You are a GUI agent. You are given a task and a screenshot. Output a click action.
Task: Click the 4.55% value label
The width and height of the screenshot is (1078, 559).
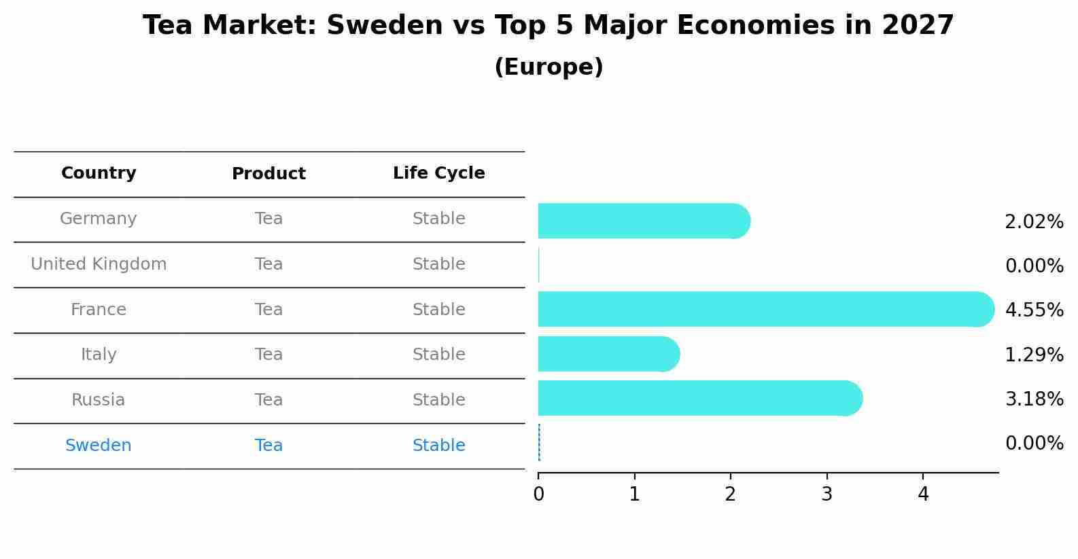1034,310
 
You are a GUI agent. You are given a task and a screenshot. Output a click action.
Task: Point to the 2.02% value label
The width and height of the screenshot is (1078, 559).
1034,222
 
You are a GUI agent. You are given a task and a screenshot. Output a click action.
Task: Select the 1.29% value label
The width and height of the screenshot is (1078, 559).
1034,355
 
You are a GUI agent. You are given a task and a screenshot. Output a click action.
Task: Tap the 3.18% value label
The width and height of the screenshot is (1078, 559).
1034,399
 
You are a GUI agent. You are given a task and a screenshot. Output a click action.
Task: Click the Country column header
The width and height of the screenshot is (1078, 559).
99,173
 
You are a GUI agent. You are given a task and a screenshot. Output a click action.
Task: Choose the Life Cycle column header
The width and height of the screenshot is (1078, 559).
438,173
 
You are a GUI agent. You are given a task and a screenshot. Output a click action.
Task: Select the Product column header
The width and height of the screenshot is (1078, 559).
268,174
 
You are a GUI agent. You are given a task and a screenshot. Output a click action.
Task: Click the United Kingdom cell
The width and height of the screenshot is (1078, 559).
99,264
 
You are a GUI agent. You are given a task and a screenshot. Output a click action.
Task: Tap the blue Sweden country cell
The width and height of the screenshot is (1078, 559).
99,446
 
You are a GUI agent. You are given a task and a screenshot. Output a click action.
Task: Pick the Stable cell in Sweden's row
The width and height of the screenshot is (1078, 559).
438,446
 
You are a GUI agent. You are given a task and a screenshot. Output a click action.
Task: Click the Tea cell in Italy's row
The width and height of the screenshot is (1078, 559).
268,355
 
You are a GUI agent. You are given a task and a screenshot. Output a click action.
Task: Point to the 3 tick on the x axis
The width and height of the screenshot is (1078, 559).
827,494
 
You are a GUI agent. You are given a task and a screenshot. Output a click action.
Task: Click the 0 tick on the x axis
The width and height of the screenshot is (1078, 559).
538,494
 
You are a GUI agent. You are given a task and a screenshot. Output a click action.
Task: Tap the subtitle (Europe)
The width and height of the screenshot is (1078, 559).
549,67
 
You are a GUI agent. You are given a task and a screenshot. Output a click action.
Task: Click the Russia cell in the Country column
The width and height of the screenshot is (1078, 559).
99,400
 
